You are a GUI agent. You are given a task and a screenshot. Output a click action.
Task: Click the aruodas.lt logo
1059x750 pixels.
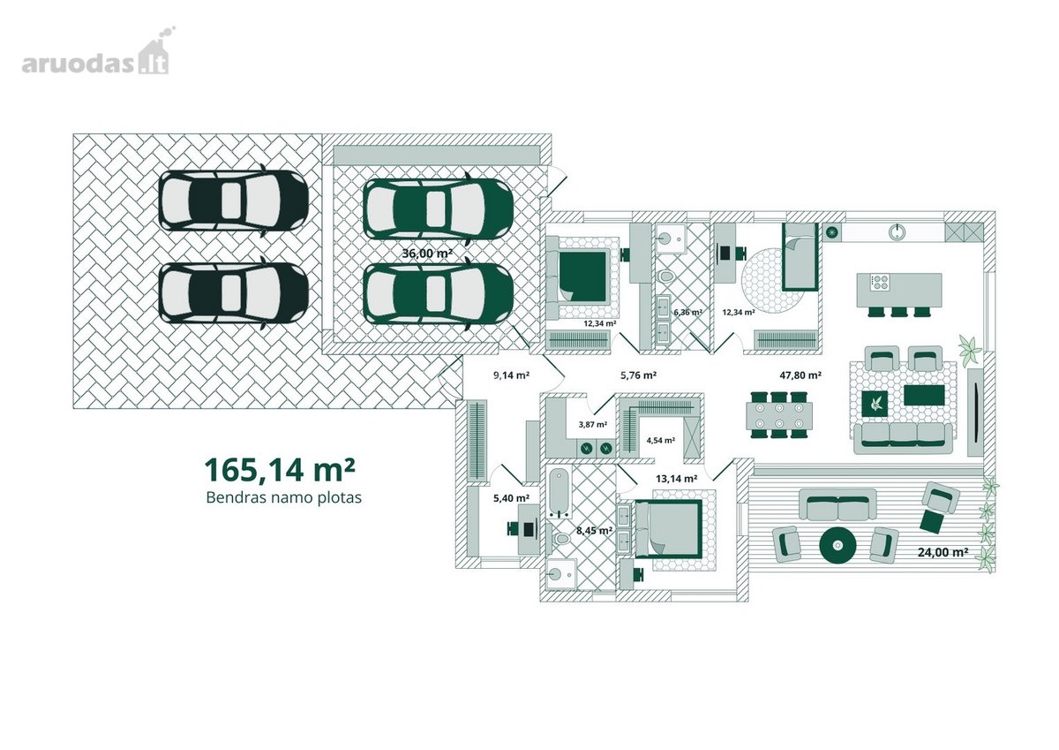tap(98, 51)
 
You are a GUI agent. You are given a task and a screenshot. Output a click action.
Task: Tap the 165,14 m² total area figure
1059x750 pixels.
tap(280, 469)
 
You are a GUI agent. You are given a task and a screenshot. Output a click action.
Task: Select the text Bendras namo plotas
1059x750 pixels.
tap(283, 498)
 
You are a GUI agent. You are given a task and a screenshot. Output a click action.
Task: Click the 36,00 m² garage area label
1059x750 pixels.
tap(427, 254)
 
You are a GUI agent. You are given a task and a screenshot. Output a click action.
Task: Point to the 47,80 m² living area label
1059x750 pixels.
tap(800, 375)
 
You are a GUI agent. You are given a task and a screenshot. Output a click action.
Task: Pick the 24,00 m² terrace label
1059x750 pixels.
tap(943, 552)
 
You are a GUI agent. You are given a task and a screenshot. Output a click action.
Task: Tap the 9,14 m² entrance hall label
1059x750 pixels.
tap(511, 375)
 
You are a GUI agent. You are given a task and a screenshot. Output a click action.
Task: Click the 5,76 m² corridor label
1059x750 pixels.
tap(638, 375)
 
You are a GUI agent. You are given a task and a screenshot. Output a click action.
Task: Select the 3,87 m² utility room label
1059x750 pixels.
tap(593, 424)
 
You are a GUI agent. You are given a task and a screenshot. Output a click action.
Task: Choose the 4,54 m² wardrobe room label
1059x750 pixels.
tap(660, 440)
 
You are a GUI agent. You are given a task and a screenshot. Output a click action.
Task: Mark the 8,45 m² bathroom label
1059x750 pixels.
tap(594, 530)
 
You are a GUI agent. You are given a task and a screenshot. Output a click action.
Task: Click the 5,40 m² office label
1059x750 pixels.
tap(511, 498)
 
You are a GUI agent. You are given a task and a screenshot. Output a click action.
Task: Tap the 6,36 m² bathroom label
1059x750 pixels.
tap(687, 312)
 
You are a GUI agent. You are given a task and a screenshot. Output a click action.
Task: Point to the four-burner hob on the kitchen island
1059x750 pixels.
tap(879, 282)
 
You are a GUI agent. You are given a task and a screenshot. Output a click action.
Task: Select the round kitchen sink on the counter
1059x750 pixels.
tap(896, 231)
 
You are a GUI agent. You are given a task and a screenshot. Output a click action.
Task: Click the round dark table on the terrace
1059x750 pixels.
tap(837, 546)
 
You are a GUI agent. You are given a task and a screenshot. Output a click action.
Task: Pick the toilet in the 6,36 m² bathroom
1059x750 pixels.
tap(665, 276)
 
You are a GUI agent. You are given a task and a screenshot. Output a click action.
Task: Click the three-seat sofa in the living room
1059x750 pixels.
tap(903, 438)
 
